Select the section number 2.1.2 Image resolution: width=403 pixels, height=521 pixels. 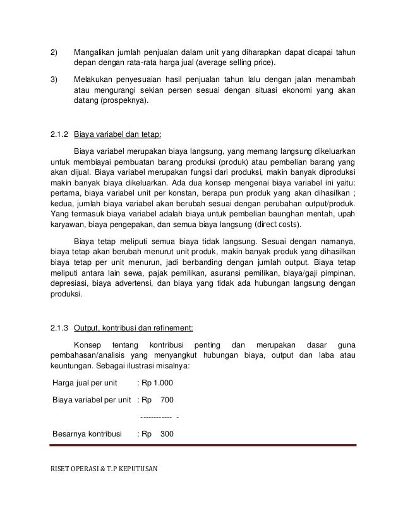[60, 134]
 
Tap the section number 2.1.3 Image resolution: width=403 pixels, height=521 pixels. [60, 327]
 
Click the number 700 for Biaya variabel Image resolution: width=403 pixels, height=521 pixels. [167, 399]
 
